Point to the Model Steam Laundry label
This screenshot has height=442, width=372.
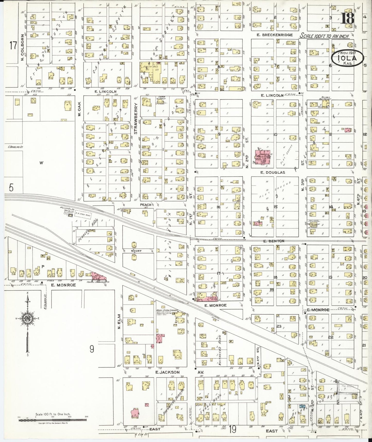point(166,310)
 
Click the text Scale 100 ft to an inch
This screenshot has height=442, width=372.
point(325,36)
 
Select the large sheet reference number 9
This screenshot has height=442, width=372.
point(92,349)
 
